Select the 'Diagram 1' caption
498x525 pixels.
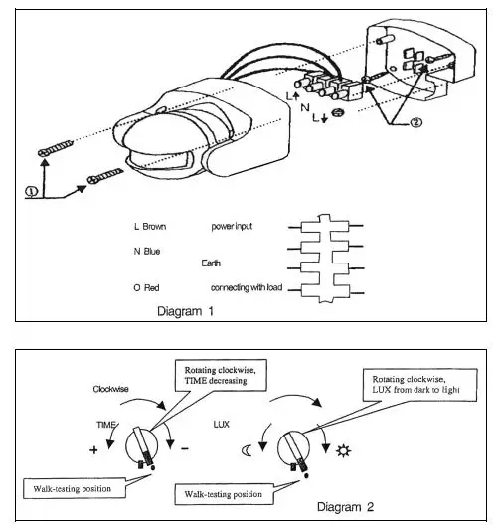coord(187,310)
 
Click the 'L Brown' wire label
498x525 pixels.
coord(149,226)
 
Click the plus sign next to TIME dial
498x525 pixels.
coord(94,450)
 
